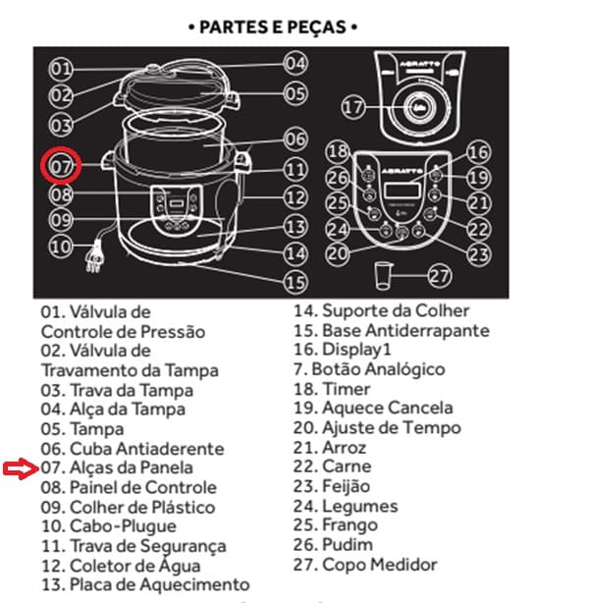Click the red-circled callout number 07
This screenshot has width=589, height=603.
61,165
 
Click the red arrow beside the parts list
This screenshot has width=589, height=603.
21,468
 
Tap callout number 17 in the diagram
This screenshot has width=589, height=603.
353,108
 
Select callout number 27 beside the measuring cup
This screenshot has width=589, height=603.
439,276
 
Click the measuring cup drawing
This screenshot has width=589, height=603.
383,275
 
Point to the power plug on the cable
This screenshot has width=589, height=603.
94,258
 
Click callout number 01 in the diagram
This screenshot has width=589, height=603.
61,70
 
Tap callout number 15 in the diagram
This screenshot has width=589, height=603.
295,283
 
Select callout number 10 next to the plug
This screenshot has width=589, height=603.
61,247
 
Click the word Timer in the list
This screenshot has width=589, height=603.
346,389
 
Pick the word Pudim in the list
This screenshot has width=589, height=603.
348,544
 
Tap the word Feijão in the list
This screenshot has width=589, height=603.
346,486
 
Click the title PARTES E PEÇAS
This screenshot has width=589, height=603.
273,27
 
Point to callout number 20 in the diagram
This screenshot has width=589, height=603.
338,253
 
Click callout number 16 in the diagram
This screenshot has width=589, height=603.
479,152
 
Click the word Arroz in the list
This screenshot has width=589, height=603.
345,447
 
